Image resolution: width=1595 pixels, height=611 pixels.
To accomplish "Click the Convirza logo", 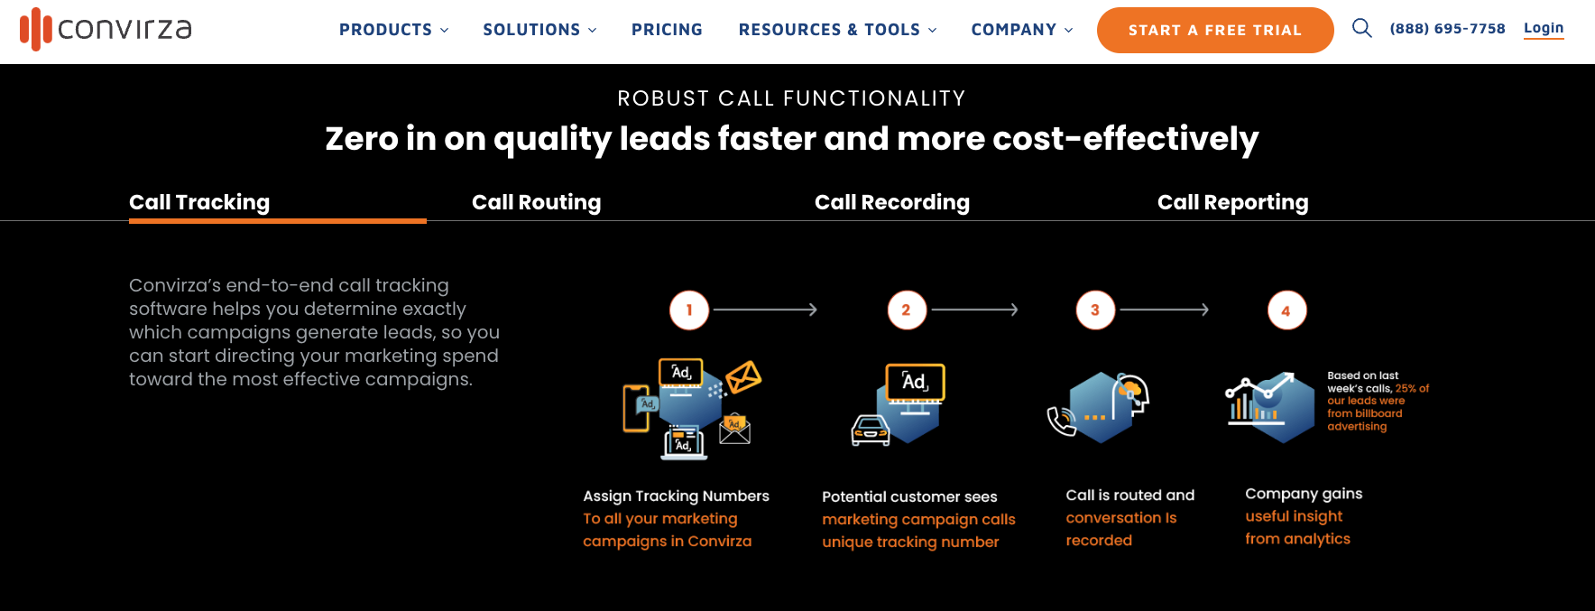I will tap(106, 29).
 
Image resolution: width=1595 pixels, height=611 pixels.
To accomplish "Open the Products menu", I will tap(393, 30).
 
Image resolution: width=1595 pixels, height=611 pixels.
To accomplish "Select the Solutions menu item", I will tap(539, 30).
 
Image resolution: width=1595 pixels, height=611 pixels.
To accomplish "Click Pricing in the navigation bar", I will tap(667, 30).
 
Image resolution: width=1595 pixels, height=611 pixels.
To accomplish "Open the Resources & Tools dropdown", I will tap(837, 30).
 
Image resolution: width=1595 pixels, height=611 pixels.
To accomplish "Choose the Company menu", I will tap(1021, 30).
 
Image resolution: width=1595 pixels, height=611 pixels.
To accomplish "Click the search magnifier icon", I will tap(1361, 28).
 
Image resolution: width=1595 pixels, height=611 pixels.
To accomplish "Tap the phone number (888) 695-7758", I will tap(1447, 29).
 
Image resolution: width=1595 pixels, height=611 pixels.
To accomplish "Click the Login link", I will tap(1543, 28).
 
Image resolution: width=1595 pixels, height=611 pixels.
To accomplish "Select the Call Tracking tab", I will tap(199, 202).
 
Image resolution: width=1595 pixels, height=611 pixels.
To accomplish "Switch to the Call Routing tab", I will tap(536, 202).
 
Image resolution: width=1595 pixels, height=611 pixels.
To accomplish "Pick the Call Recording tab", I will tap(891, 202).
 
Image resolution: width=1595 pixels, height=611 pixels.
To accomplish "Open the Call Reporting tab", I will tap(1232, 202).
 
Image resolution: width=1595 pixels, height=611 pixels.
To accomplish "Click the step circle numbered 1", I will tap(689, 310).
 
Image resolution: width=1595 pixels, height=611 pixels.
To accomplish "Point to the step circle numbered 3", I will tap(1095, 310).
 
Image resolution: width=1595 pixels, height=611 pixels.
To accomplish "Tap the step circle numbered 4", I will tap(1286, 310).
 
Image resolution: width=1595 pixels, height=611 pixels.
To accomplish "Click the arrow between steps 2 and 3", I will tap(974, 310).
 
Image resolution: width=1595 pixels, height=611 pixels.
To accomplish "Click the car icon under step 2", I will tap(871, 430).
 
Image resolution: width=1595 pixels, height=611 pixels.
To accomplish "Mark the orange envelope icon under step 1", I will tap(744, 376).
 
